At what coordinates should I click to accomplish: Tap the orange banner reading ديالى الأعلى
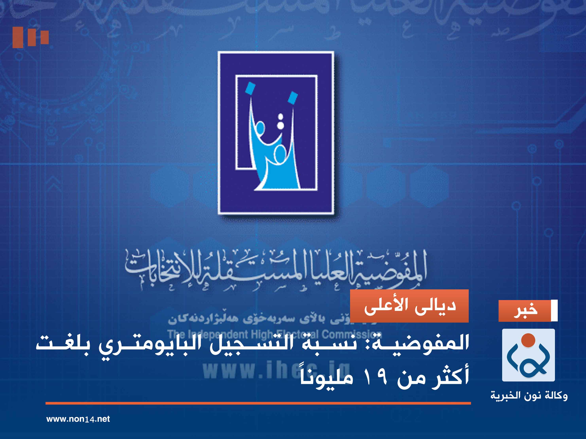(x=409, y=306)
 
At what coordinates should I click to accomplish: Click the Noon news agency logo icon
(x=528, y=355)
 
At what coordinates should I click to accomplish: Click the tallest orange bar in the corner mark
(x=18, y=37)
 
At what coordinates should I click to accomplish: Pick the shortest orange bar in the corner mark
(x=44, y=37)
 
